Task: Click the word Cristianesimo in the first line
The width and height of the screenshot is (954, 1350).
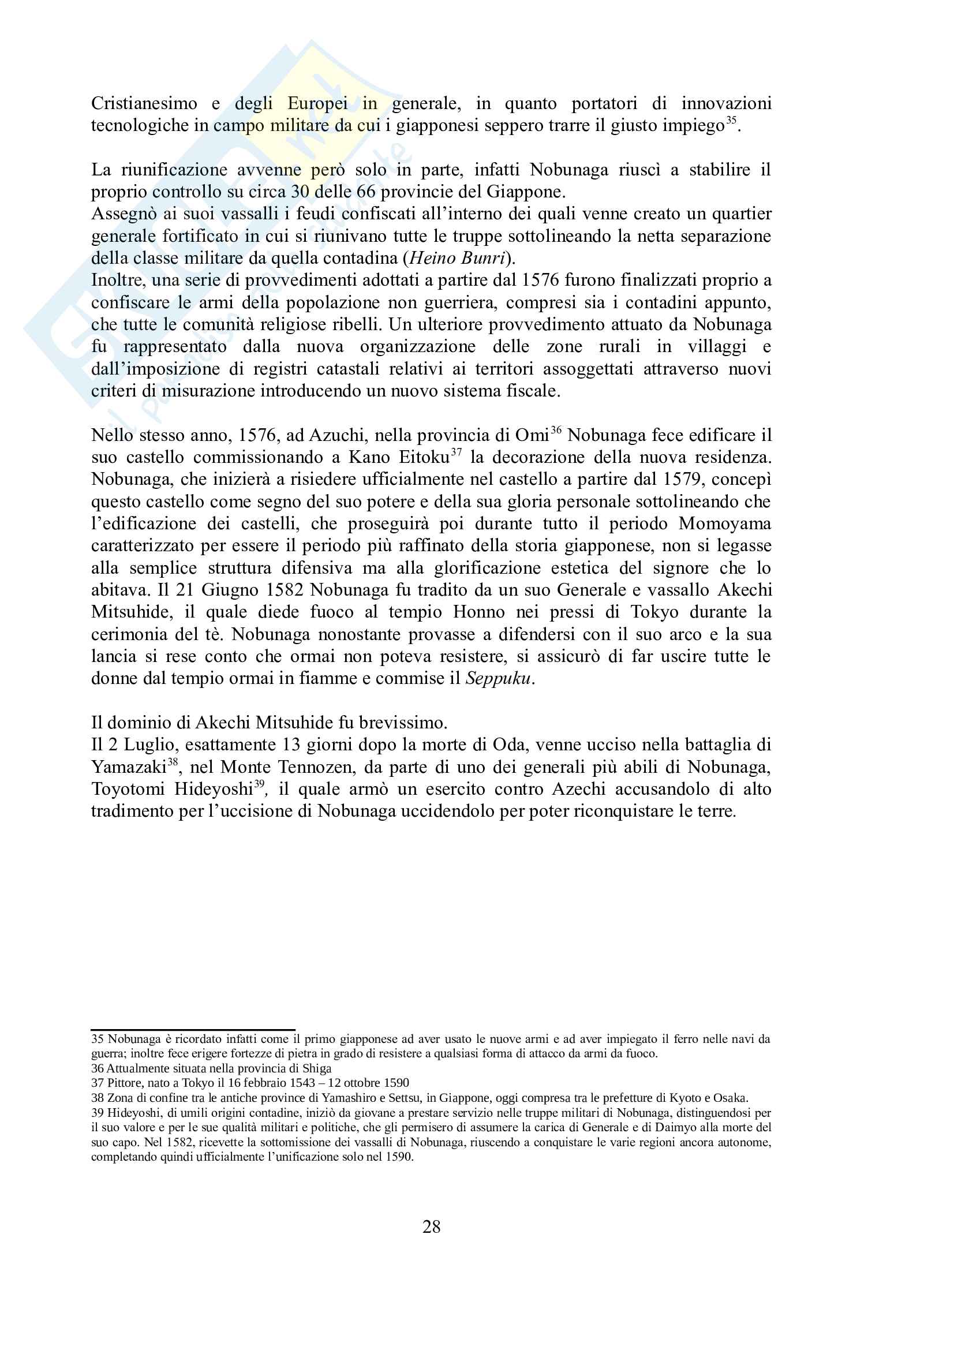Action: pyautogui.click(x=144, y=103)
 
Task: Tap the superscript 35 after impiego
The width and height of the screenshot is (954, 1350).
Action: pyautogui.click(x=731, y=121)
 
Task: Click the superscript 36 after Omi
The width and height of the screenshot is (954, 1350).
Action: pyautogui.click(x=556, y=431)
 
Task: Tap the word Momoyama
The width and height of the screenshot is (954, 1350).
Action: pyautogui.click(x=724, y=524)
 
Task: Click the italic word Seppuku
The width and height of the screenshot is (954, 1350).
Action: pyautogui.click(x=497, y=679)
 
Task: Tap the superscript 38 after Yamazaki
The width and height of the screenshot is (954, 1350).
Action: pyautogui.click(x=173, y=762)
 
